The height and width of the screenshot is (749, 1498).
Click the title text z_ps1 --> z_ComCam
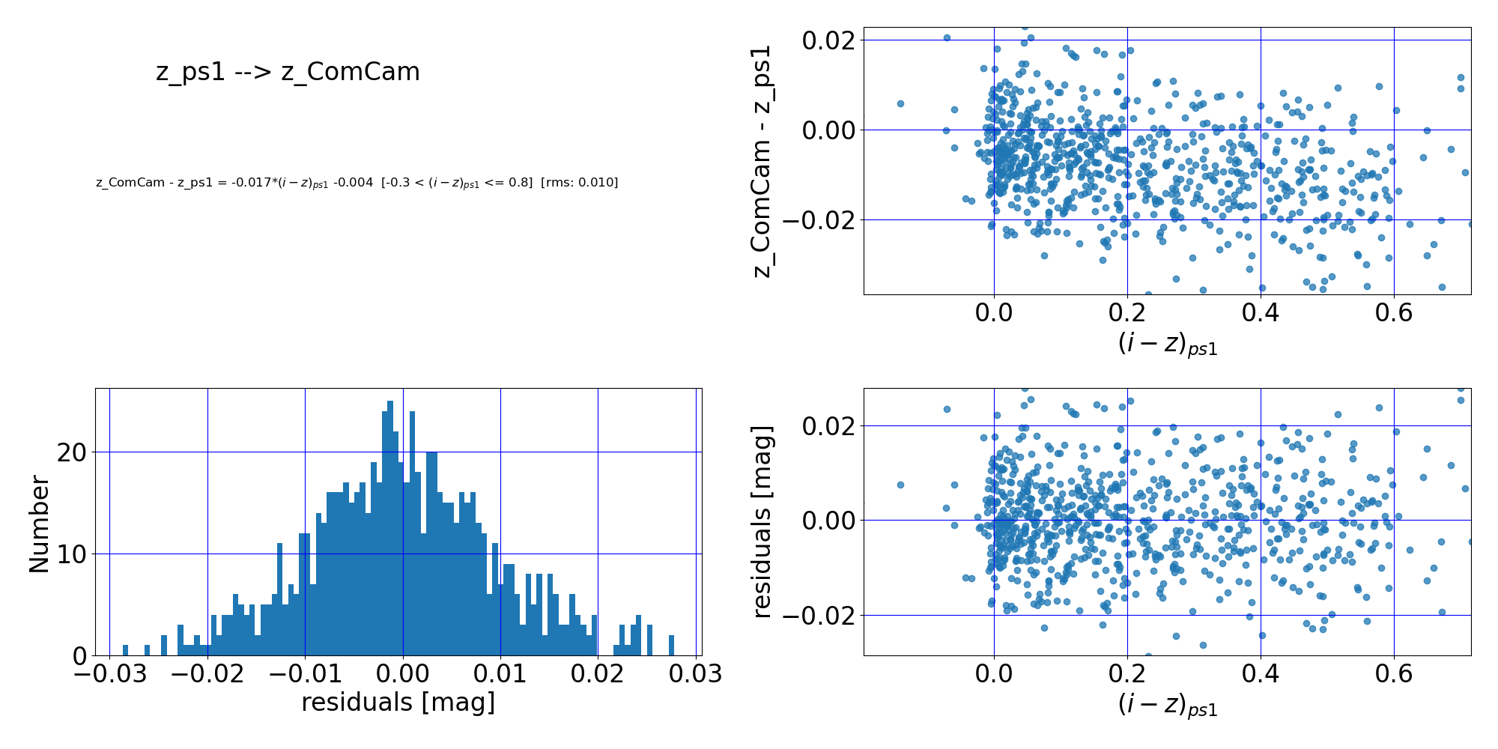tap(288, 72)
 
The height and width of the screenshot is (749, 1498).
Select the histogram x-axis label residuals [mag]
tap(398, 703)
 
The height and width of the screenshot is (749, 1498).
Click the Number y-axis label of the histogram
tap(40, 524)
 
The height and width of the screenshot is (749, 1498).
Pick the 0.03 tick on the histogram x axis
tap(695, 674)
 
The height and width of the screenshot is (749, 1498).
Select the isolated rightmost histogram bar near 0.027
tap(671, 646)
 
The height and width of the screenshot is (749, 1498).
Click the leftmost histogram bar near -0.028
tap(125, 650)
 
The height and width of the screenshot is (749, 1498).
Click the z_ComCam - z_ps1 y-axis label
tap(762, 161)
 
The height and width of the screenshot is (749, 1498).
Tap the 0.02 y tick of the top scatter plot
tap(828, 40)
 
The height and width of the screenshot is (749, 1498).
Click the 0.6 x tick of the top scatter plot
tap(1393, 312)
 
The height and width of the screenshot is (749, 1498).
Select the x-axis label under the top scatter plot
tap(1167, 345)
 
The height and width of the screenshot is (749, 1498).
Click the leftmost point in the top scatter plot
tap(900, 103)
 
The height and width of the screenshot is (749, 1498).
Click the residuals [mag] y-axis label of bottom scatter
tap(762, 522)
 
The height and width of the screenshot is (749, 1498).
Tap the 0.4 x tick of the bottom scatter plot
tap(1260, 673)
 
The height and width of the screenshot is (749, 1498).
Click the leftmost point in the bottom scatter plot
tap(900, 485)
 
